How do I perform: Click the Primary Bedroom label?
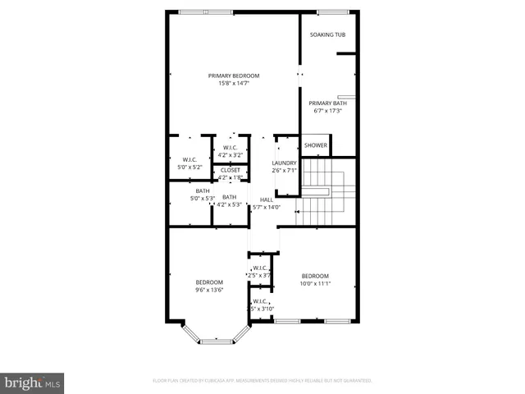click(234, 76)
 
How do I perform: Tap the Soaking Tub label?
click(327, 34)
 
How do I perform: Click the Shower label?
click(316, 145)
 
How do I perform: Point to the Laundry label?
click(284, 163)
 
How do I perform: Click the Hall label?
click(266, 199)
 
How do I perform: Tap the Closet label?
click(230, 171)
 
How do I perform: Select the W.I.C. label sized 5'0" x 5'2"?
click(189, 160)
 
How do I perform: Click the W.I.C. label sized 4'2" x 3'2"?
click(230, 148)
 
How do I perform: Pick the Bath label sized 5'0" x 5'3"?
click(202, 190)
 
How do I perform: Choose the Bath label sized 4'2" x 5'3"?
click(230, 197)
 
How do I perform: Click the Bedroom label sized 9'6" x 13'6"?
click(209, 282)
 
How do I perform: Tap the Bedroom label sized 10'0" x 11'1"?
click(315, 276)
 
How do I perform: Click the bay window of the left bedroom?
click(215, 335)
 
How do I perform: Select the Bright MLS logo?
click(33, 382)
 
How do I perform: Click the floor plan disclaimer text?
click(262, 381)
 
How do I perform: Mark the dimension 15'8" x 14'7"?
click(234, 83)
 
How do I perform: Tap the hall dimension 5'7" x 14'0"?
click(266, 207)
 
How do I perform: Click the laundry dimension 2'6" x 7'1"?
click(284, 171)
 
